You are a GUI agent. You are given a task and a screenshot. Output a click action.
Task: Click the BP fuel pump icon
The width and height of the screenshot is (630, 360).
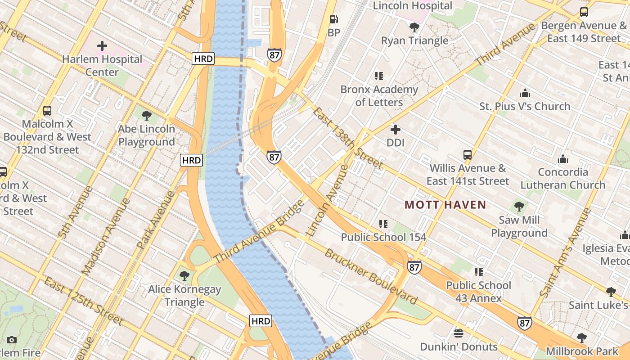click(333, 19)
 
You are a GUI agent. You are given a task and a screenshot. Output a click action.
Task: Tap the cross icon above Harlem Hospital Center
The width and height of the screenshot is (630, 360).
click(102, 45)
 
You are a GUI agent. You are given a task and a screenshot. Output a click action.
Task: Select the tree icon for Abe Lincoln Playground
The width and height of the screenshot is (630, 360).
click(146, 116)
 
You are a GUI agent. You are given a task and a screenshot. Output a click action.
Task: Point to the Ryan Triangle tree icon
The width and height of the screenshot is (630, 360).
click(414, 27)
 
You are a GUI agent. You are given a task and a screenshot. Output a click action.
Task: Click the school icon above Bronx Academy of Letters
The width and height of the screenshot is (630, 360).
click(379, 76)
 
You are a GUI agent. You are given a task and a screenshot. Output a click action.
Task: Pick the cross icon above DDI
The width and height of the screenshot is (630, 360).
click(396, 130)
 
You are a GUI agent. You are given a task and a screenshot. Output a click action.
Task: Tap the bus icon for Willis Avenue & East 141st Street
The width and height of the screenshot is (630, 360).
click(468, 155)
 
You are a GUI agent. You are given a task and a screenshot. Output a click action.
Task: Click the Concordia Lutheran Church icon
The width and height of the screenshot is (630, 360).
click(562, 159)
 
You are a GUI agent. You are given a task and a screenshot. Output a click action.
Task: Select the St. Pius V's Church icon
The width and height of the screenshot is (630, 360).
click(525, 93)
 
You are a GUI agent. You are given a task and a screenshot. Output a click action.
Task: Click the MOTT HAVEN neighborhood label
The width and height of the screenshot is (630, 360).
click(445, 205)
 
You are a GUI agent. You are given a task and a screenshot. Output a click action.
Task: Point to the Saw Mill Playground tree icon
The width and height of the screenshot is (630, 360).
click(519, 207)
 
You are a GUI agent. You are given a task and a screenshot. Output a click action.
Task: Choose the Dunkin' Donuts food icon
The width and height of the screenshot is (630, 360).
click(459, 333)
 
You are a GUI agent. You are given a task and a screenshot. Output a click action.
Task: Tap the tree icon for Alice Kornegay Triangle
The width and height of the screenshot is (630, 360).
click(184, 276)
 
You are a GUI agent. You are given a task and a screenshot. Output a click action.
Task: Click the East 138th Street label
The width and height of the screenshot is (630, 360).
click(348, 138)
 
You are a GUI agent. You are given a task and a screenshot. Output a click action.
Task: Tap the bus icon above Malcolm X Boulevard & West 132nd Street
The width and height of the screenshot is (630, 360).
click(47, 110)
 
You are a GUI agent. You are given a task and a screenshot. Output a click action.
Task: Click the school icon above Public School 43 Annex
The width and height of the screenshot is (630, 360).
click(478, 272)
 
